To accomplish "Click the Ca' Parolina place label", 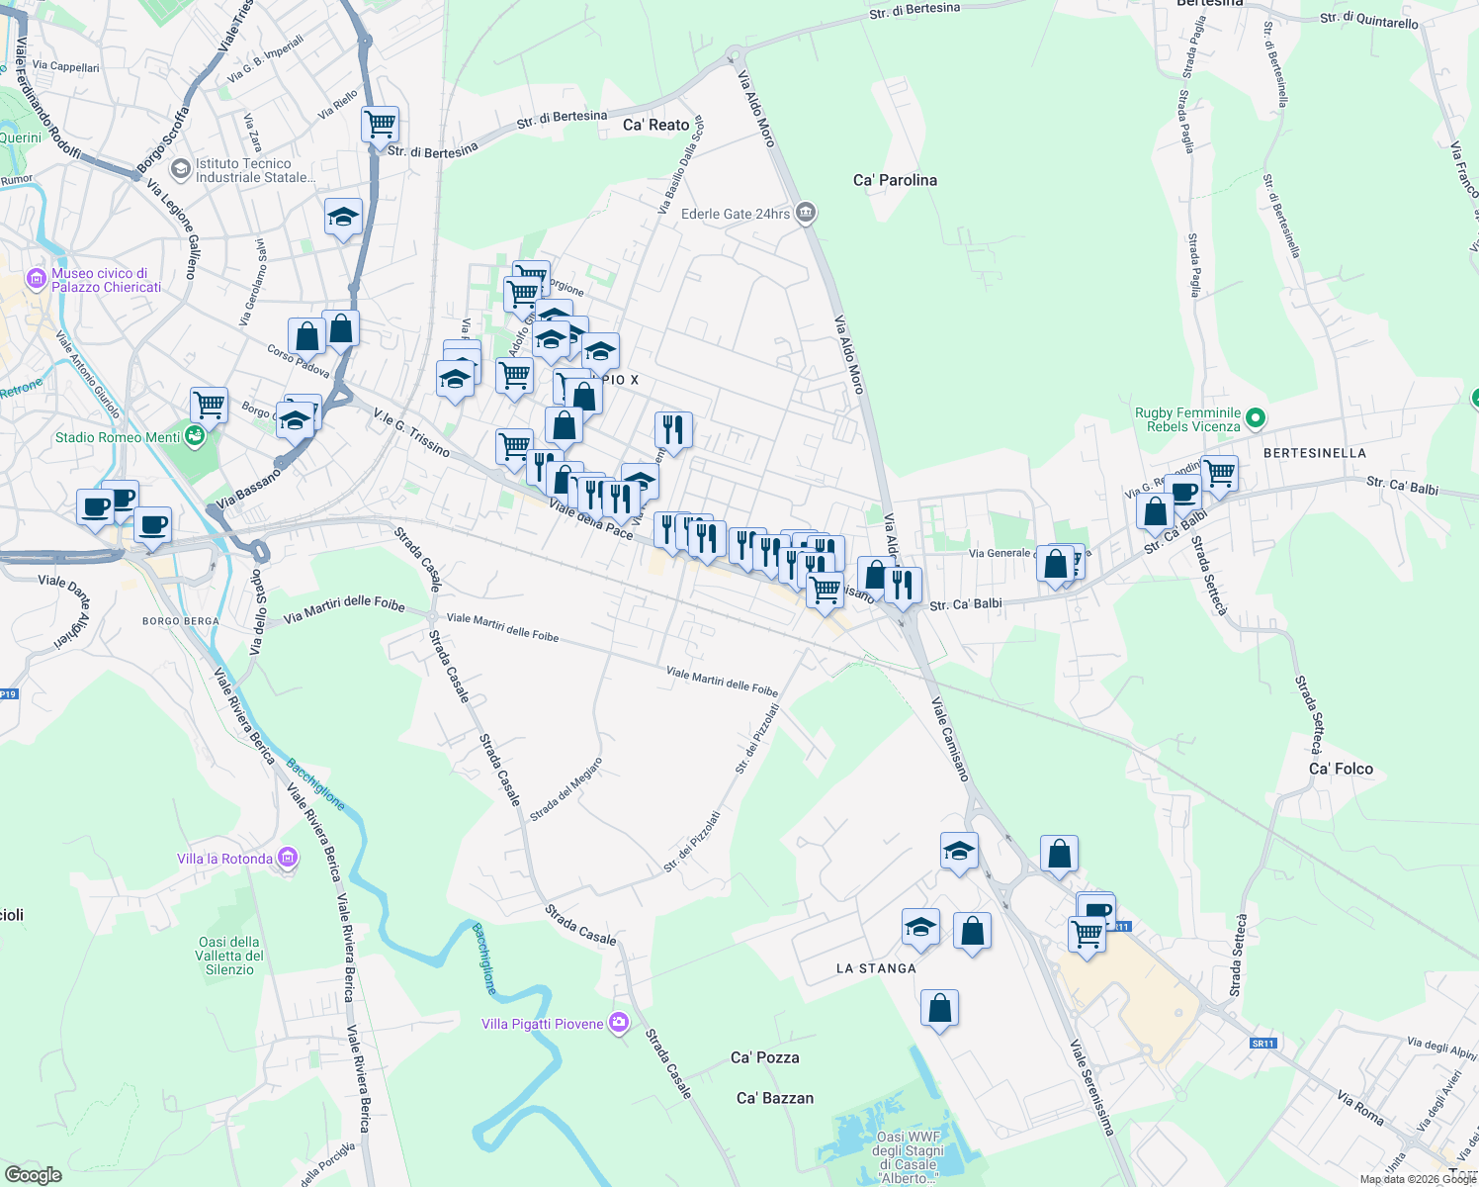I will click(895, 180).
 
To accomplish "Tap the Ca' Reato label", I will click(655, 125).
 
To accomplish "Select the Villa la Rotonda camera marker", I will click(288, 858).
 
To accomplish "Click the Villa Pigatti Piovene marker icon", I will click(619, 1023).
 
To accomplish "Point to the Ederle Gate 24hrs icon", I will click(807, 213).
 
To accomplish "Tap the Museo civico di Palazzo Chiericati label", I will click(106, 280).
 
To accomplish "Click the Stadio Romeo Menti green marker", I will click(195, 436).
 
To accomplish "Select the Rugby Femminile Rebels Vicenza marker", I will click(1255, 418).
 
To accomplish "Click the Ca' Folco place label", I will click(1341, 769).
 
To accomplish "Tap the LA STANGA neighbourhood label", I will click(876, 968).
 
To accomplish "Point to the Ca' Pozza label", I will click(764, 1057).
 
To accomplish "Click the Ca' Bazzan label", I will click(775, 1098).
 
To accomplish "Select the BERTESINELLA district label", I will click(1314, 453).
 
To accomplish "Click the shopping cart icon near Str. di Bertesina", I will click(380, 125).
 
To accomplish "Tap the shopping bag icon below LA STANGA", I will click(939, 1008).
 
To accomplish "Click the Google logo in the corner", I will click(33, 1174).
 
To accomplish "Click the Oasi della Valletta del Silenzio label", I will click(229, 956).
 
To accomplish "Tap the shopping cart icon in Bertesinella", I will click(1220, 473).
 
